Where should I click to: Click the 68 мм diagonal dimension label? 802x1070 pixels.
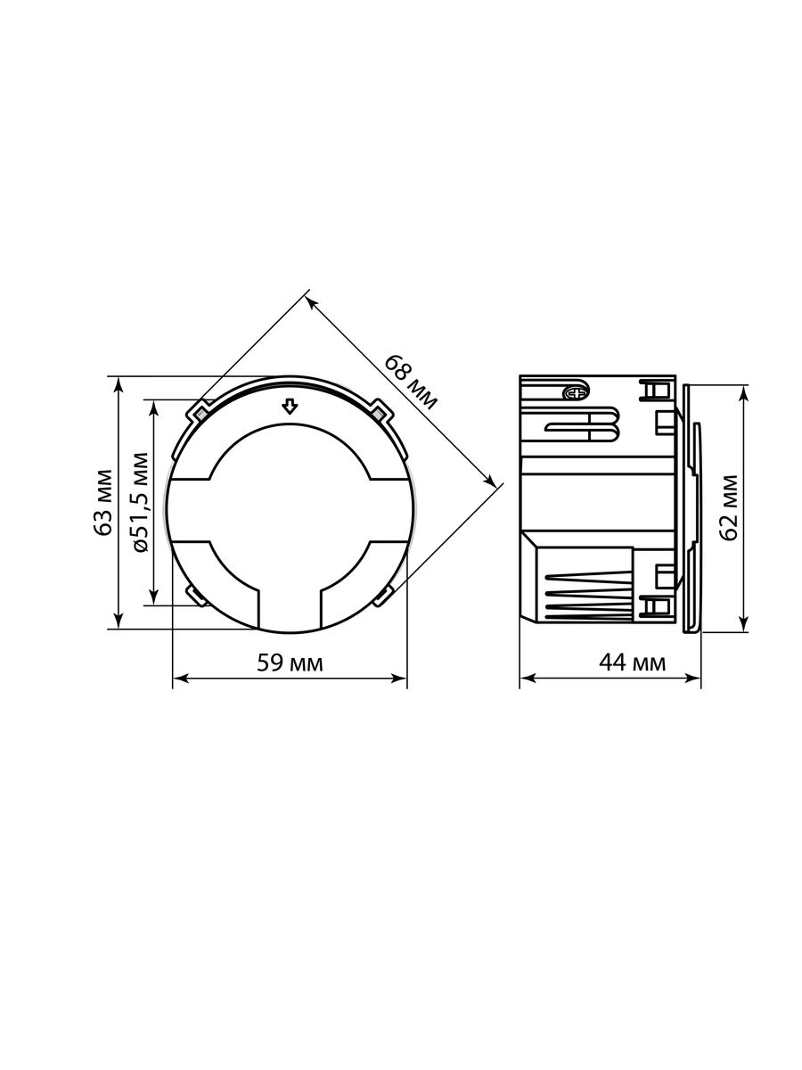(x=412, y=383)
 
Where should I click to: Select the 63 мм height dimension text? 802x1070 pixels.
(x=103, y=503)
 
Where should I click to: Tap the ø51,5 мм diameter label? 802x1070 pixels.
(x=141, y=502)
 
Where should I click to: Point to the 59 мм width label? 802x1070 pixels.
(x=290, y=663)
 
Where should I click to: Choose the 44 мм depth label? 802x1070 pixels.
(x=632, y=663)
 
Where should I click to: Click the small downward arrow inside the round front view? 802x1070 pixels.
(x=290, y=406)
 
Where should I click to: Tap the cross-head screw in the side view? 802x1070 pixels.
(x=576, y=392)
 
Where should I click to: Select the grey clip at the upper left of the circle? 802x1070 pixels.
(x=200, y=414)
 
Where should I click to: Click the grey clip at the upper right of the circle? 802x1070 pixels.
(x=379, y=414)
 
